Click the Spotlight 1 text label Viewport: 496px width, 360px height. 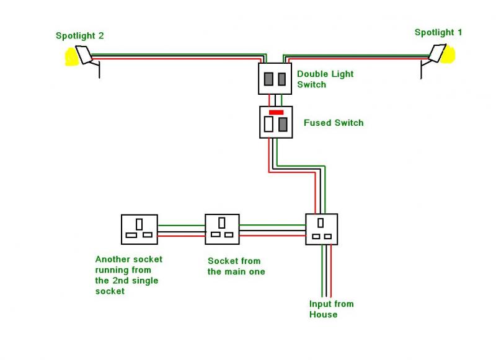(x=438, y=32)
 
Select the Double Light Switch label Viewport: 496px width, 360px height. (x=325, y=79)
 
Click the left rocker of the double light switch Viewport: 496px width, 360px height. (x=269, y=79)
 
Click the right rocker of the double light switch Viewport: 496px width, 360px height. (x=281, y=79)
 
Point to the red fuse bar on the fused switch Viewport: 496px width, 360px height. (x=276, y=112)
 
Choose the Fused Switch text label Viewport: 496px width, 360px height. (x=334, y=123)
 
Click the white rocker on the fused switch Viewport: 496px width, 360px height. (x=268, y=124)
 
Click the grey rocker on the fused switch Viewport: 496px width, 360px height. (x=283, y=124)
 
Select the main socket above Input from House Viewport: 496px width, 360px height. (x=322, y=229)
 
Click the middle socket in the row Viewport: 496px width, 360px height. (x=222, y=229)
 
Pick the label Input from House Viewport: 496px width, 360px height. (x=331, y=309)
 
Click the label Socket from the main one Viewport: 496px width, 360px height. (x=236, y=266)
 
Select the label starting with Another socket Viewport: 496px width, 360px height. (x=128, y=274)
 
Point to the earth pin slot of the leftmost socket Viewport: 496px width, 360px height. (x=139, y=223)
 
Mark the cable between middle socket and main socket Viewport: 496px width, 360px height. (x=272, y=229)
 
